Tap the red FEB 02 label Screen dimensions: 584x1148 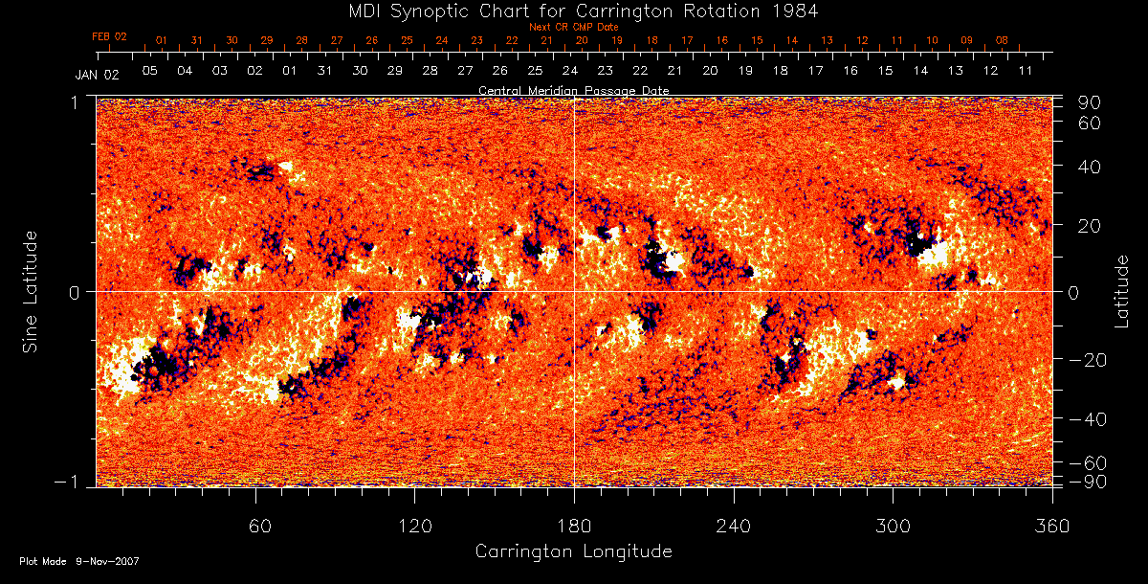point(109,36)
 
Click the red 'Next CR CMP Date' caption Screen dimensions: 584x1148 point(574,27)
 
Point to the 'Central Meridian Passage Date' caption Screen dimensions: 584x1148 point(573,90)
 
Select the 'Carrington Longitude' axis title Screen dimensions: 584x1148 point(573,551)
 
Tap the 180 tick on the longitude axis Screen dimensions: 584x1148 point(574,527)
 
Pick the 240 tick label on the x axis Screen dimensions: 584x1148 point(733,527)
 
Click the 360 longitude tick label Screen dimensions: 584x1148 point(1051,527)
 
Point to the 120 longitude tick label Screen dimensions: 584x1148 point(414,527)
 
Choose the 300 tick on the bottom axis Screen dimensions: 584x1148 point(893,527)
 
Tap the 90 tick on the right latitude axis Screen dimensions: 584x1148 point(1092,102)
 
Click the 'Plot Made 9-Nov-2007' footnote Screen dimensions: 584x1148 point(79,561)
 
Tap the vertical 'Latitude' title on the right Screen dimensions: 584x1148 point(1123,290)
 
